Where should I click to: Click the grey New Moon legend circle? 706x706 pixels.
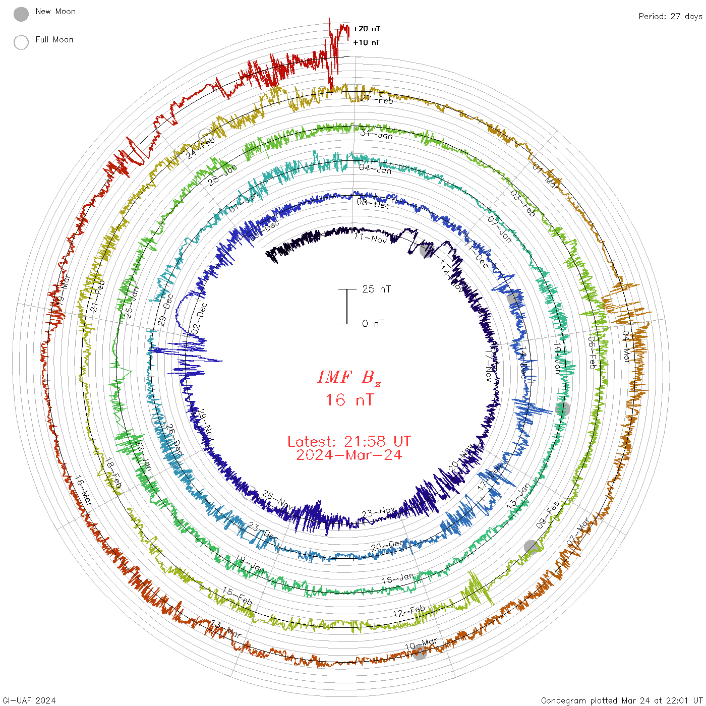coord(21,15)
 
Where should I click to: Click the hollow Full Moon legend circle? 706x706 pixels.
coord(21,43)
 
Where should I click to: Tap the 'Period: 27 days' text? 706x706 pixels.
coord(670,17)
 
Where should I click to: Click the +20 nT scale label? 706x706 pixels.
coord(367,29)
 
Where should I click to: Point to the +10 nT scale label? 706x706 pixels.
coord(367,43)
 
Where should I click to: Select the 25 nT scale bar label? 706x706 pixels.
coord(376,289)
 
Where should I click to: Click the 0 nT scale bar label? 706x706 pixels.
coord(373,324)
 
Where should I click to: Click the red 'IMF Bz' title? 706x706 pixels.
coord(349,377)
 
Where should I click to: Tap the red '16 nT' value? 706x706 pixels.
coord(349,400)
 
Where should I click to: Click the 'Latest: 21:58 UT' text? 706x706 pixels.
coord(349,442)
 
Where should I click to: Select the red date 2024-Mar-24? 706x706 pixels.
coord(349,455)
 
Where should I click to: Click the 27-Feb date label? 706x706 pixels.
coord(377,99)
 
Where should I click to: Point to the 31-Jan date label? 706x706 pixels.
coord(377,134)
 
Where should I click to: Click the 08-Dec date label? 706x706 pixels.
coord(373,204)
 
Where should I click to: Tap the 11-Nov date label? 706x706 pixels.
coord(370,238)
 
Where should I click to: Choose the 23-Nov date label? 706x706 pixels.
coord(379,513)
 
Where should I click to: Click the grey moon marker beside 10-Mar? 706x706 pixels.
coord(420,653)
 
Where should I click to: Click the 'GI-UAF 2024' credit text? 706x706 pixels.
coord(29,700)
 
